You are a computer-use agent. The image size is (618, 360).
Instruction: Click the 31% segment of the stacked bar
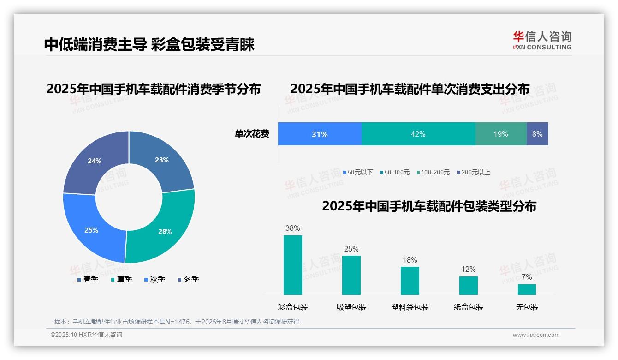[320, 134]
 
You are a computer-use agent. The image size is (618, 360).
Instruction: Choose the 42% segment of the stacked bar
[418, 134]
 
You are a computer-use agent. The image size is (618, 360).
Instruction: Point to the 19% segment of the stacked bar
[501, 134]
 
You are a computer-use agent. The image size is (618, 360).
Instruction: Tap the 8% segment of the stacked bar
[537, 134]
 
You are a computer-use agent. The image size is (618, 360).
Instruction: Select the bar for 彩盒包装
[293, 265]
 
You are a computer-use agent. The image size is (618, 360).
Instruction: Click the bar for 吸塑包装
[351, 275]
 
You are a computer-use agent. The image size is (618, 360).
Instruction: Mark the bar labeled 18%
[410, 281]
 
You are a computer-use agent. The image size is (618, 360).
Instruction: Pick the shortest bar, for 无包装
[527, 289]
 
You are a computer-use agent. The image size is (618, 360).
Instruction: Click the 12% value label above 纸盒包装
[469, 269]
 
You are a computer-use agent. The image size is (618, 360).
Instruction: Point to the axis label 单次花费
[252, 134]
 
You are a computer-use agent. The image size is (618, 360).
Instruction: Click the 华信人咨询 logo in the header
[542, 40]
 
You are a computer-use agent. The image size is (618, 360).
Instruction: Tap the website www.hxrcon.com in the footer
[536, 335]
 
